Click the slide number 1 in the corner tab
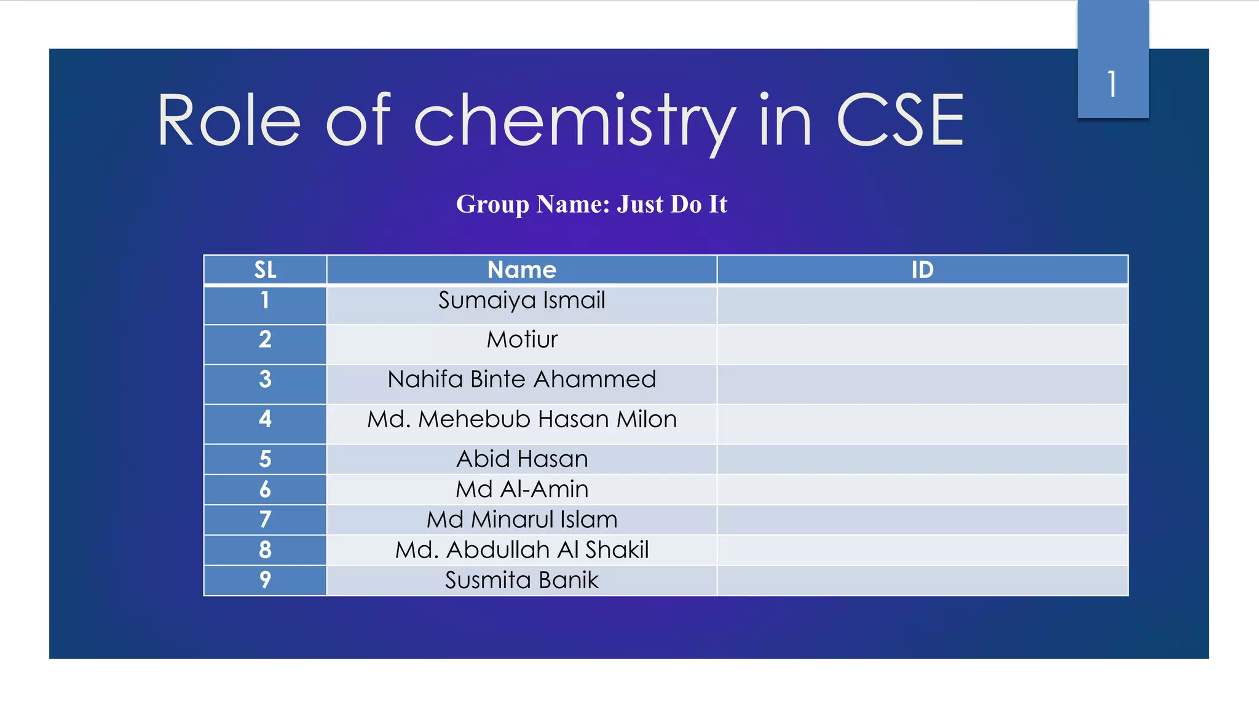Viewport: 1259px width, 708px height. [x=1112, y=84]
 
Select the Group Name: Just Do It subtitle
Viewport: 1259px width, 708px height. [x=591, y=204]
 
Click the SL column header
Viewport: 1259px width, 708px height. [x=265, y=270]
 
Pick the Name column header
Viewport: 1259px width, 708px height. [x=521, y=270]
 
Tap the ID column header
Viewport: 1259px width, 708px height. [x=922, y=270]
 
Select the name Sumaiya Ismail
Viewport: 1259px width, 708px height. [x=521, y=301]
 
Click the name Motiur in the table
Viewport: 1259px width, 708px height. [x=522, y=340]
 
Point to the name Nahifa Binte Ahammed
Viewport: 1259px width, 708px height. [x=521, y=379]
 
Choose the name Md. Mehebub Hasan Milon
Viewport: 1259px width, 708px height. [x=521, y=419]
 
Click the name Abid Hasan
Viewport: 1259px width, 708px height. [x=521, y=459]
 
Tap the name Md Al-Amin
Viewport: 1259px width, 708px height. [x=521, y=489]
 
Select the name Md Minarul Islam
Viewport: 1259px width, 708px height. [x=521, y=520]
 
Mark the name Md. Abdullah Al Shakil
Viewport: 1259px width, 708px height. [x=521, y=550]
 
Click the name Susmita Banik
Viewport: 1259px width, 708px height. [x=521, y=580]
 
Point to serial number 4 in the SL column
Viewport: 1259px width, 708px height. [x=265, y=419]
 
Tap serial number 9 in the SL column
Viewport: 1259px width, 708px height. [x=265, y=580]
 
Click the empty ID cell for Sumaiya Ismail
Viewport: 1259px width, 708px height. [x=922, y=305]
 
